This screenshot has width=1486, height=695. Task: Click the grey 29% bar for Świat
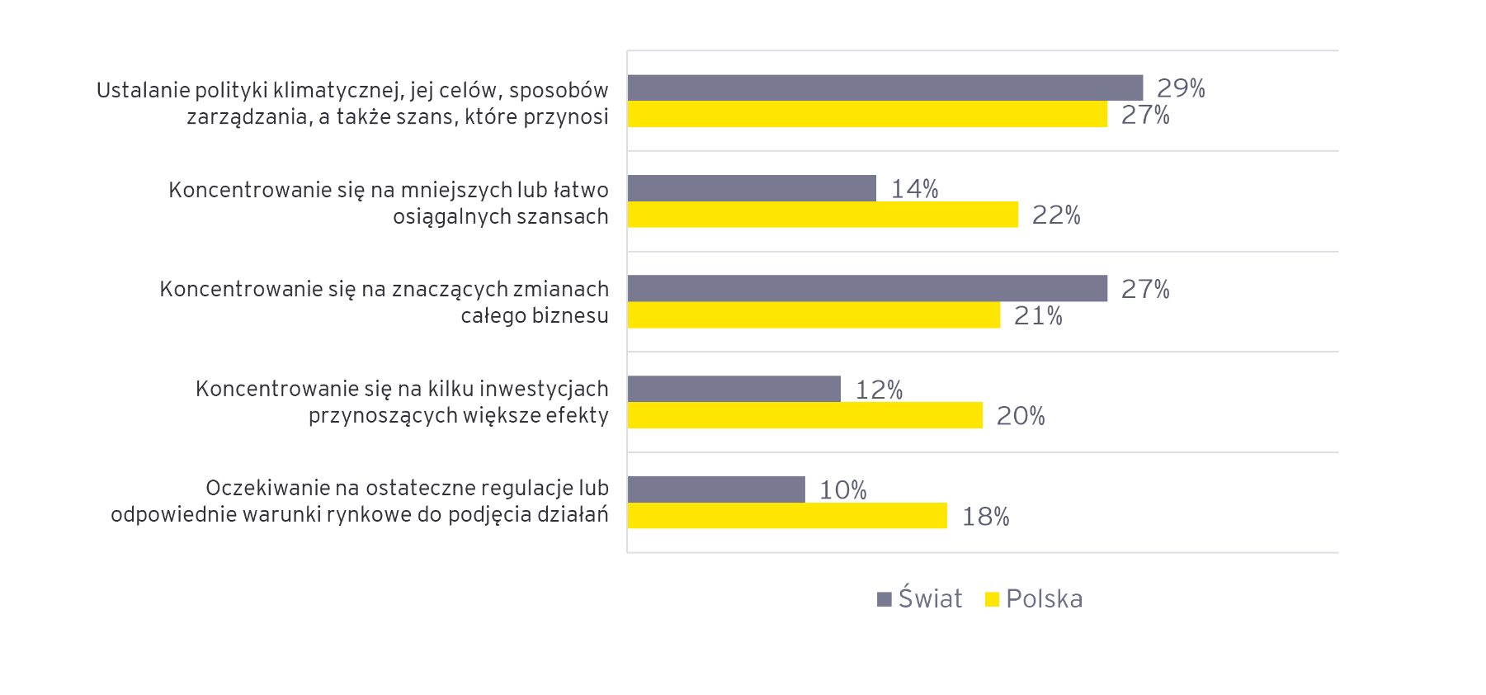(885, 87)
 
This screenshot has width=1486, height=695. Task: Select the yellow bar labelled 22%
(823, 215)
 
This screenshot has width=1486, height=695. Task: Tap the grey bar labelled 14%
(752, 188)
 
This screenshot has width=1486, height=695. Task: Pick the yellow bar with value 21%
(814, 315)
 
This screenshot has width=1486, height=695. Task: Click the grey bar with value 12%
(734, 389)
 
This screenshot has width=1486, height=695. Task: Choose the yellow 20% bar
(804, 415)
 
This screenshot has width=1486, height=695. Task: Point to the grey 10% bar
(716, 489)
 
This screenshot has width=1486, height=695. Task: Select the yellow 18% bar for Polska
(787, 516)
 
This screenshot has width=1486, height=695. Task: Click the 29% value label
(1181, 88)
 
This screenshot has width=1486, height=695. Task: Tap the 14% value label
(914, 189)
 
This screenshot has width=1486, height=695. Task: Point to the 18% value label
(985, 517)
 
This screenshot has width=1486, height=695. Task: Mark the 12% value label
(879, 390)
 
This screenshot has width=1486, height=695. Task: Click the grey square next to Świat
(885, 599)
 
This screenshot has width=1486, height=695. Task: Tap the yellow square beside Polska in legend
(992, 599)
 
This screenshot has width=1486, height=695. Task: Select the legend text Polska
(1044, 598)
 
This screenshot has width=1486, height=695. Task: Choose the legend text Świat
(930, 598)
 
